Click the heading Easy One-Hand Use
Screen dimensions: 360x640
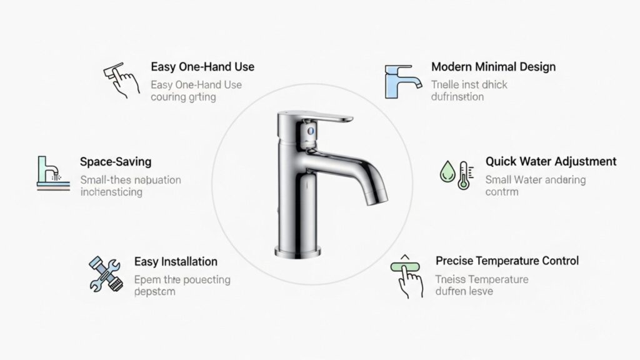tap(202, 67)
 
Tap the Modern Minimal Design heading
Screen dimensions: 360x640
tap(493, 67)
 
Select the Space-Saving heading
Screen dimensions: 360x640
tap(116, 162)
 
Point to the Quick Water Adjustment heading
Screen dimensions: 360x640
tap(551, 161)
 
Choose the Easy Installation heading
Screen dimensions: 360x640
tap(176, 261)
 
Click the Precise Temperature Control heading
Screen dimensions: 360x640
tap(507, 261)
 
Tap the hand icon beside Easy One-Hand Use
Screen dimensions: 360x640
tap(121, 80)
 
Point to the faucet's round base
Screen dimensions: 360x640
tap(297, 250)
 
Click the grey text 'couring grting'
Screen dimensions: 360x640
tap(183, 97)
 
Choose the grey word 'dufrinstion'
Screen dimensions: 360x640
tap(457, 97)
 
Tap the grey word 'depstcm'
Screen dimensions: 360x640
tap(154, 291)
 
